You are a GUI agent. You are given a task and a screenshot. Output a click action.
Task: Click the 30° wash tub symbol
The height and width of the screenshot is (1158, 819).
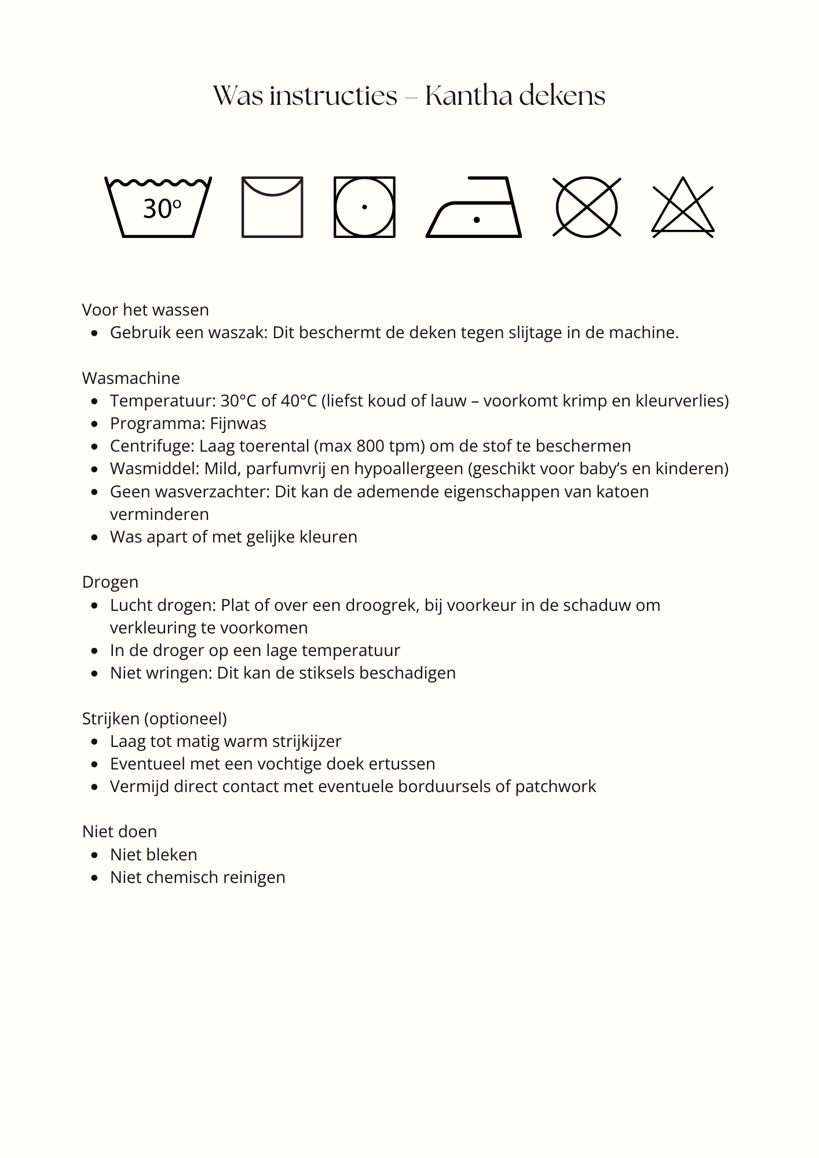click(158, 207)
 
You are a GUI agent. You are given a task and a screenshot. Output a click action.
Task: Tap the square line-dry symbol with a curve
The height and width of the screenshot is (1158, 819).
click(272, 207)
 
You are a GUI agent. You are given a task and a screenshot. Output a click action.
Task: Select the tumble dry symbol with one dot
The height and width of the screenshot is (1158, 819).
click(364, 207)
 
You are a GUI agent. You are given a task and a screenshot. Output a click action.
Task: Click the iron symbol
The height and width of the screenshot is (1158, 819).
click(474, 207)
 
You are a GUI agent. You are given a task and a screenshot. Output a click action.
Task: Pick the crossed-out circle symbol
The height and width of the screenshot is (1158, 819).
click(587, 207)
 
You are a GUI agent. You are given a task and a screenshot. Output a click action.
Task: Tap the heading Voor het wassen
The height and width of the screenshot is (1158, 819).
click(145, 310)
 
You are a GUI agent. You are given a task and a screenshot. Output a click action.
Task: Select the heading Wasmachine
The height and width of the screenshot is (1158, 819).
click(131, 378)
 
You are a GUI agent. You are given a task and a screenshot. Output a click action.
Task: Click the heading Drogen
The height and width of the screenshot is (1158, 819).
click(110, 582)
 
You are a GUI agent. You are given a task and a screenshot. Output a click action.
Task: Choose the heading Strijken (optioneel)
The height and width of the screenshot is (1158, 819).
click(155, 719)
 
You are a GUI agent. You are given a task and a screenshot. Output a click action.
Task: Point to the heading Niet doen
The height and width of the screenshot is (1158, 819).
click(119, 831)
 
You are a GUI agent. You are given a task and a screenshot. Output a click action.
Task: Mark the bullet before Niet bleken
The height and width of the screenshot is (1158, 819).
click(95, 855)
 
